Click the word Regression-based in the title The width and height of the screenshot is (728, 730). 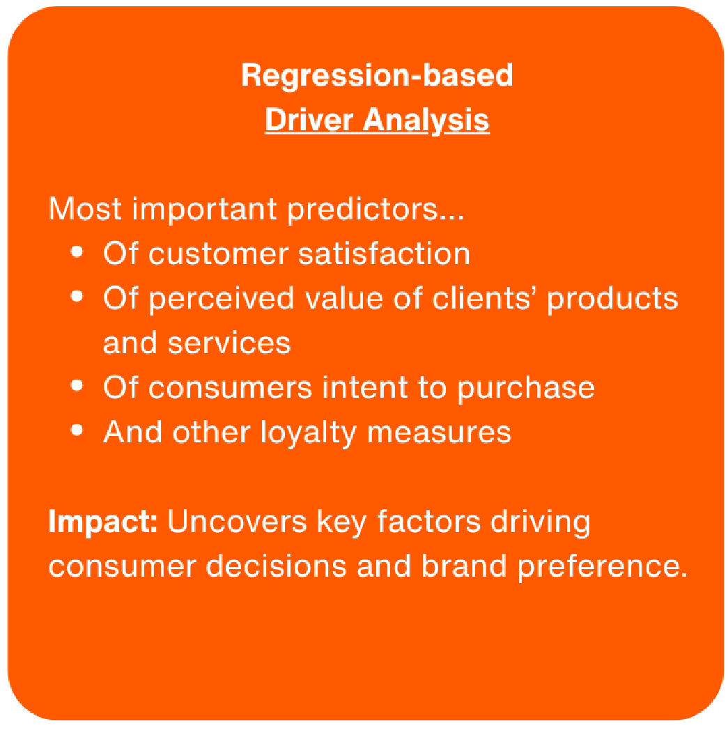point(377,76)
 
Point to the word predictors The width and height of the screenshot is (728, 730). point(375,210)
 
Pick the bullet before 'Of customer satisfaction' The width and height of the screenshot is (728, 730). point(76,252)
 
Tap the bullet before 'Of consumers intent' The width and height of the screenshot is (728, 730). point(76,385)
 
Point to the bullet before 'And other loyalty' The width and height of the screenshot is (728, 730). point(76,430)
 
